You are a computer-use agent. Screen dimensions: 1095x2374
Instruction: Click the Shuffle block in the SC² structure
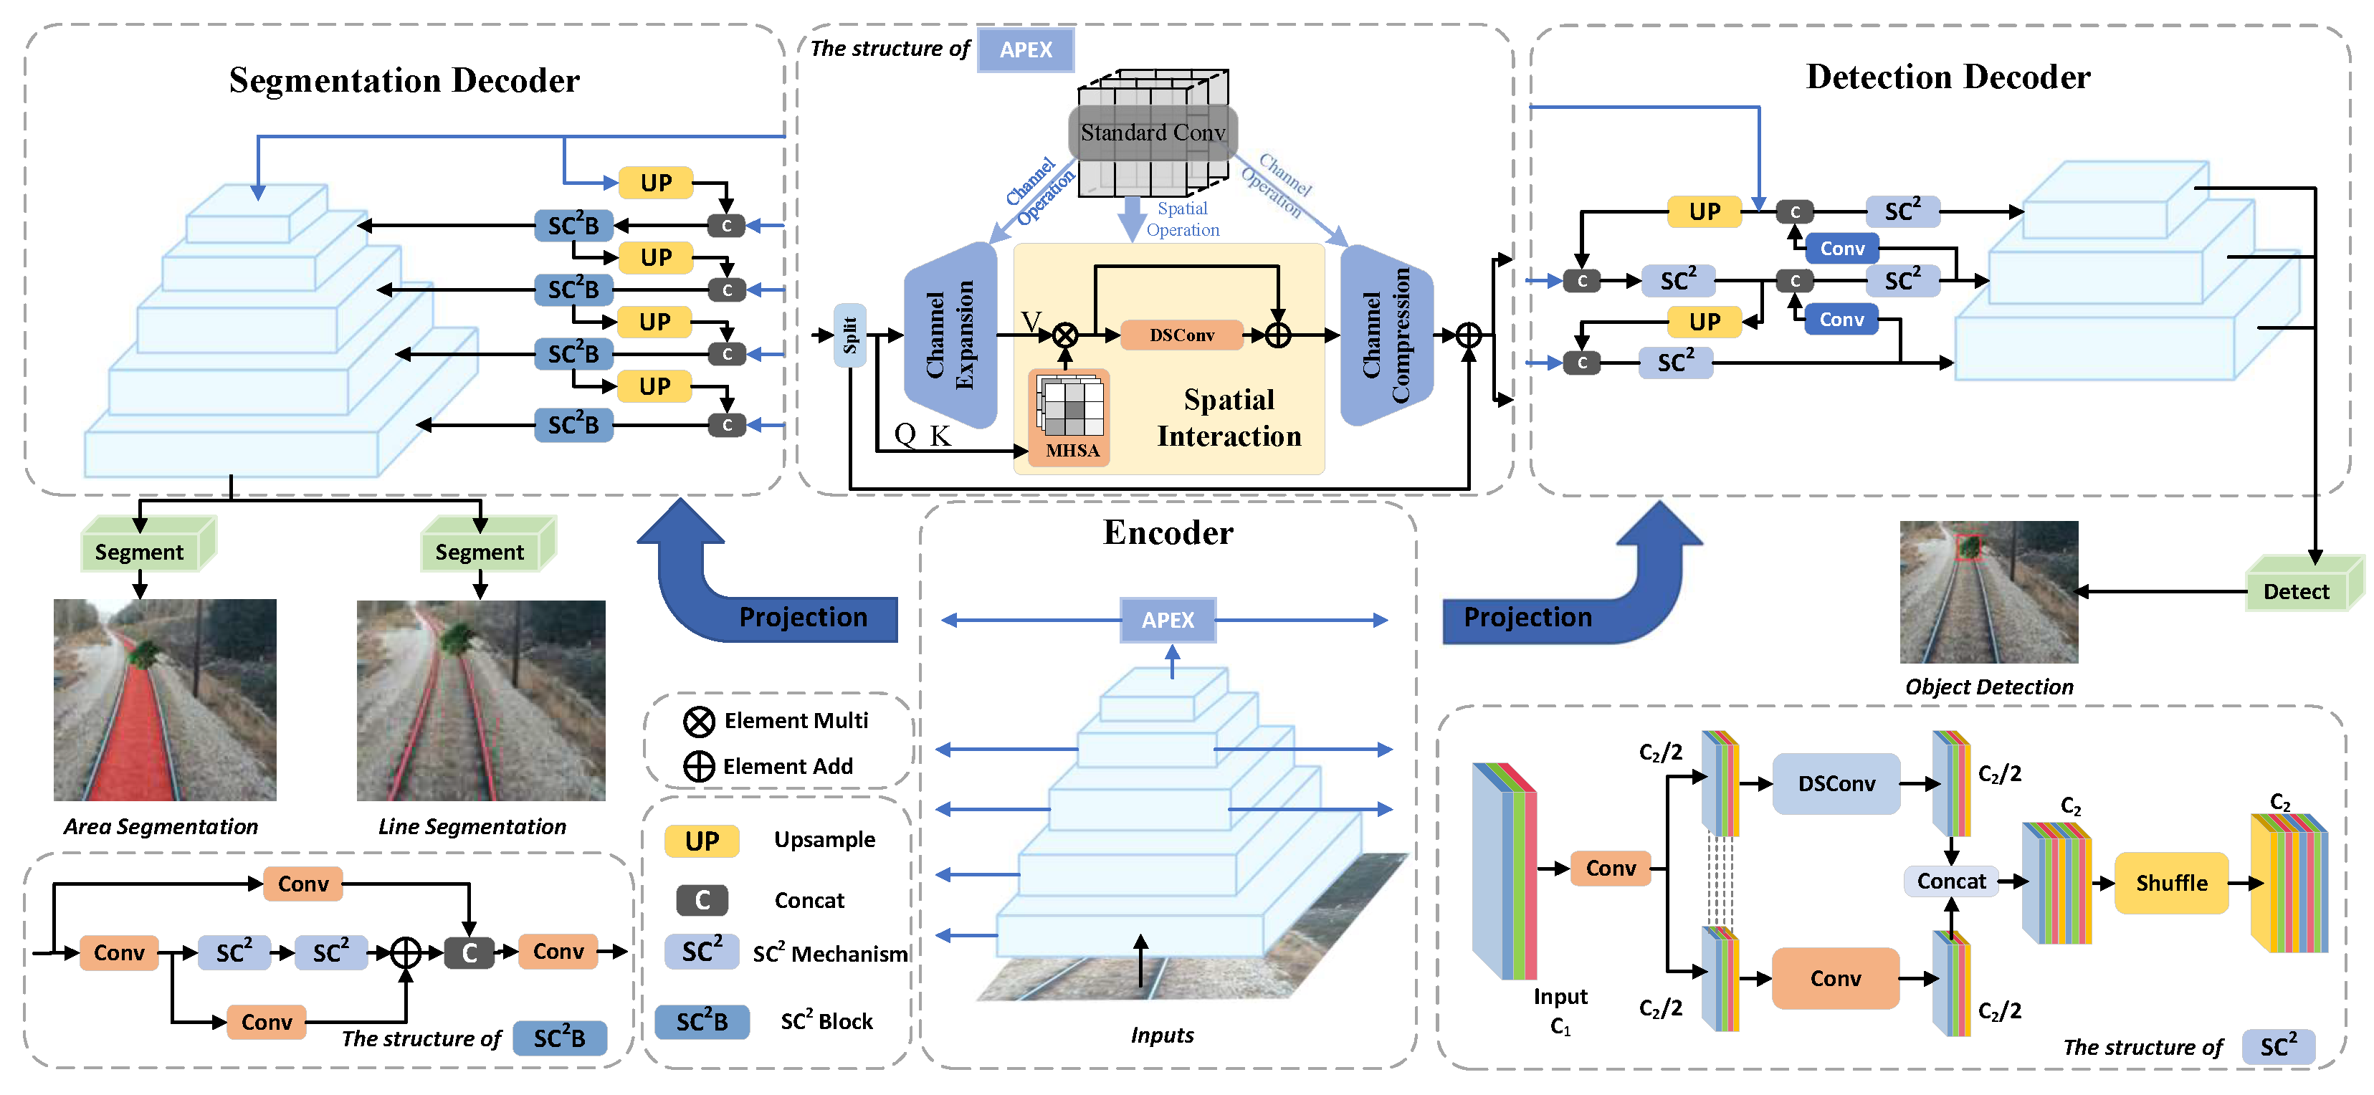pyautogui.click(x=2170, y=882)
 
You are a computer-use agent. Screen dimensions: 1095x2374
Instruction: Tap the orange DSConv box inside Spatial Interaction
pyautogui.click(x=1181, y=335)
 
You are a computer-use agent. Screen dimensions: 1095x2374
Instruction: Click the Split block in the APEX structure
pyautogui.click(x=849, y=335)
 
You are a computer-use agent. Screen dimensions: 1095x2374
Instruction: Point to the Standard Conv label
pyautogui.click(x=1152, y=133)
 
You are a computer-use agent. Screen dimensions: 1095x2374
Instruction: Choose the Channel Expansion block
pyautogui.click(x=950, y=335)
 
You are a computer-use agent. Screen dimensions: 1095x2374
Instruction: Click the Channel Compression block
pyautogui.click(x=1386, y=335)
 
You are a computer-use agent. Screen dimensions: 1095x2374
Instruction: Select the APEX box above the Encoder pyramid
pyautogui.click(x=1168, y=619)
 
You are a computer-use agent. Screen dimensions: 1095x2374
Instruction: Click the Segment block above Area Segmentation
pyautogui.click(x=140, y=551)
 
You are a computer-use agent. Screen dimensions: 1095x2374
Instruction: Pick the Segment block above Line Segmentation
pyautogui.click(x=480, y=551)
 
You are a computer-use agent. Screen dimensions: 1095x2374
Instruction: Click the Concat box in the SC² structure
pyautogui.click(x=1951, y=881)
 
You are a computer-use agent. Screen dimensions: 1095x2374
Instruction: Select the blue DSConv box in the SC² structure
pyautogui.click(x=1836, y=783)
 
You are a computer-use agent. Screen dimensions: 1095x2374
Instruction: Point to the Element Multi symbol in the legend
pyautogui.click(x=699, y=721)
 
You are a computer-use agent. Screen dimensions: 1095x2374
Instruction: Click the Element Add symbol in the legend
pyautogui.click(x=699, y=766)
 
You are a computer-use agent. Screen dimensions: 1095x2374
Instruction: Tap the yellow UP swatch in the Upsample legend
pyautogui.click(x=701, y=841)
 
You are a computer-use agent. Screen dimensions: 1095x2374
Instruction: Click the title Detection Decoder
pyautogui.click(x=1948, y=77)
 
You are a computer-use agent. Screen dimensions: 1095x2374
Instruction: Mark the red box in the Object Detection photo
pyautogui.click(x=1968, y=547)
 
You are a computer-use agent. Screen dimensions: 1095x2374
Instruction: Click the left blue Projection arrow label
pyautogui.click(x=803, y=616)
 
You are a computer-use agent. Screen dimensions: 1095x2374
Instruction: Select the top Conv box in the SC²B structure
pyautogui.click(x=303, y=884)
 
